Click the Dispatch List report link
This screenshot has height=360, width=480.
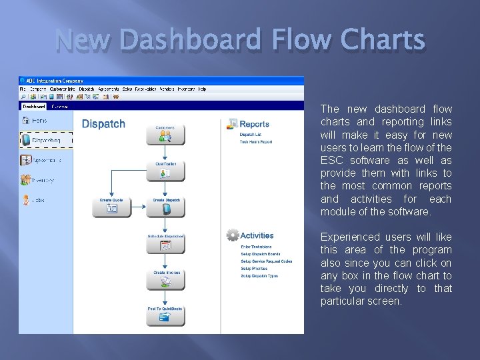tap(251, 135)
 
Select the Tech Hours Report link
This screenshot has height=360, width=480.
tap(256, 142)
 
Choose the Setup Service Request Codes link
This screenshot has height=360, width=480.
tap(266, 261)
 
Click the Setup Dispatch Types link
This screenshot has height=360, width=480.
tap(259, 276)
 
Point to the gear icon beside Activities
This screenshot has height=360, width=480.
tap(232, 235)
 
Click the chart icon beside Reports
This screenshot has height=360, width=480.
tap(232, 124)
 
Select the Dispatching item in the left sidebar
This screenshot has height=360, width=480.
tap(46, 140)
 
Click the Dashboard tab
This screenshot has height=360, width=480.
tap(33, 106)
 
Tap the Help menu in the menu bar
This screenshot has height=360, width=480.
tap(202, 89)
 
